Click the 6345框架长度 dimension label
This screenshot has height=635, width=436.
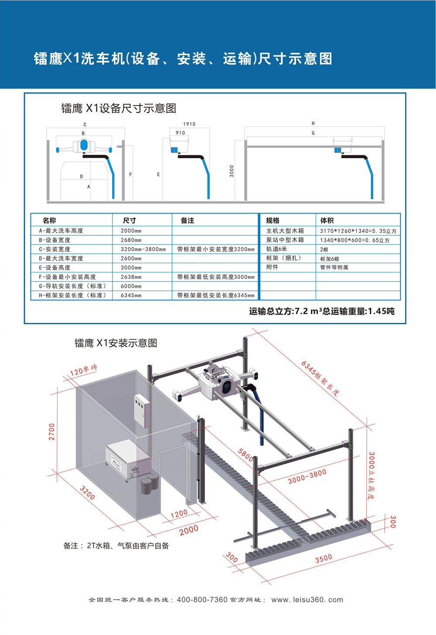tap(320, 378)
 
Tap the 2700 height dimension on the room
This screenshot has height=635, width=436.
tap(52, 431)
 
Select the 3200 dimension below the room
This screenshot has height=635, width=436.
tap(87, 492)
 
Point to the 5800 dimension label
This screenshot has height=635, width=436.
tap(245, 455)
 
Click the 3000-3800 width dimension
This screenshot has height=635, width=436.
tap(307, 476)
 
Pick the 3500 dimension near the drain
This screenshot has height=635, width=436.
tap(324, 558)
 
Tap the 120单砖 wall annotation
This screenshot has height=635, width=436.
tap(83, 370)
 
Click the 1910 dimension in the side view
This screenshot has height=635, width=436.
tap(189, 124)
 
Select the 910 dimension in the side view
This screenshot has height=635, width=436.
tap(180, 133)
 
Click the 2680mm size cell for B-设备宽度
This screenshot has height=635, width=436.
tap(131, 240)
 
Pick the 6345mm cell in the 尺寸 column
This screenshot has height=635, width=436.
tap(131, 295)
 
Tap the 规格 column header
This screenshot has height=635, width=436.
tap(273, 221)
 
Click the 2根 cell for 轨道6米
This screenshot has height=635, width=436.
tap(324, 250)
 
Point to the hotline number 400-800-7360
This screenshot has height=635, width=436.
tap(202, 600)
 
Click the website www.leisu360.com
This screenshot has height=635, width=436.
tap(307, 600)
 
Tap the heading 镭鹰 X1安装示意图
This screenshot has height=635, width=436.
tap(116, 343)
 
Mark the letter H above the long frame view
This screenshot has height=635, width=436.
tap(313, 123)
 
